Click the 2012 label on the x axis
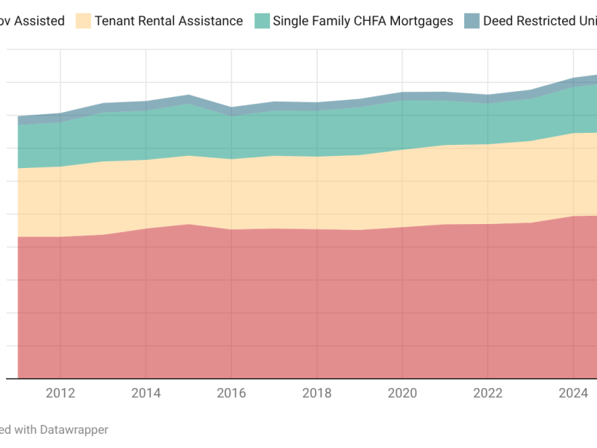[60, 393]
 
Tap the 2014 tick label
[146, 393]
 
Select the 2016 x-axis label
[231, 393]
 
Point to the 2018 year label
[316, 393]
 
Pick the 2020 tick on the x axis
[402, 393]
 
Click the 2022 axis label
[487, 393]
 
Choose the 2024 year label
[573, 393]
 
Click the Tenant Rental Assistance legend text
[169, 21]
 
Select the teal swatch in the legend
[261, 21]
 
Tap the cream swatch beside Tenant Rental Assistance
[83, 21]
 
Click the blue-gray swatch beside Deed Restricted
[472, 21]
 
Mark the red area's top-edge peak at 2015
[189, 224]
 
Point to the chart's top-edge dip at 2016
[231, 108]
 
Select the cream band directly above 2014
[146, 194]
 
